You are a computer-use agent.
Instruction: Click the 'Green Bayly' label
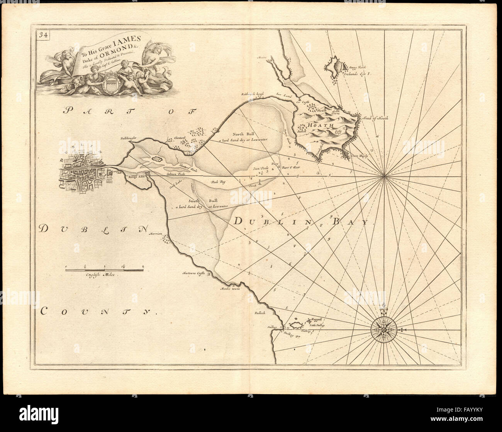tap(360, 156)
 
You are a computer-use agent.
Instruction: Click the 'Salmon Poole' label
tap(176, 174)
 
